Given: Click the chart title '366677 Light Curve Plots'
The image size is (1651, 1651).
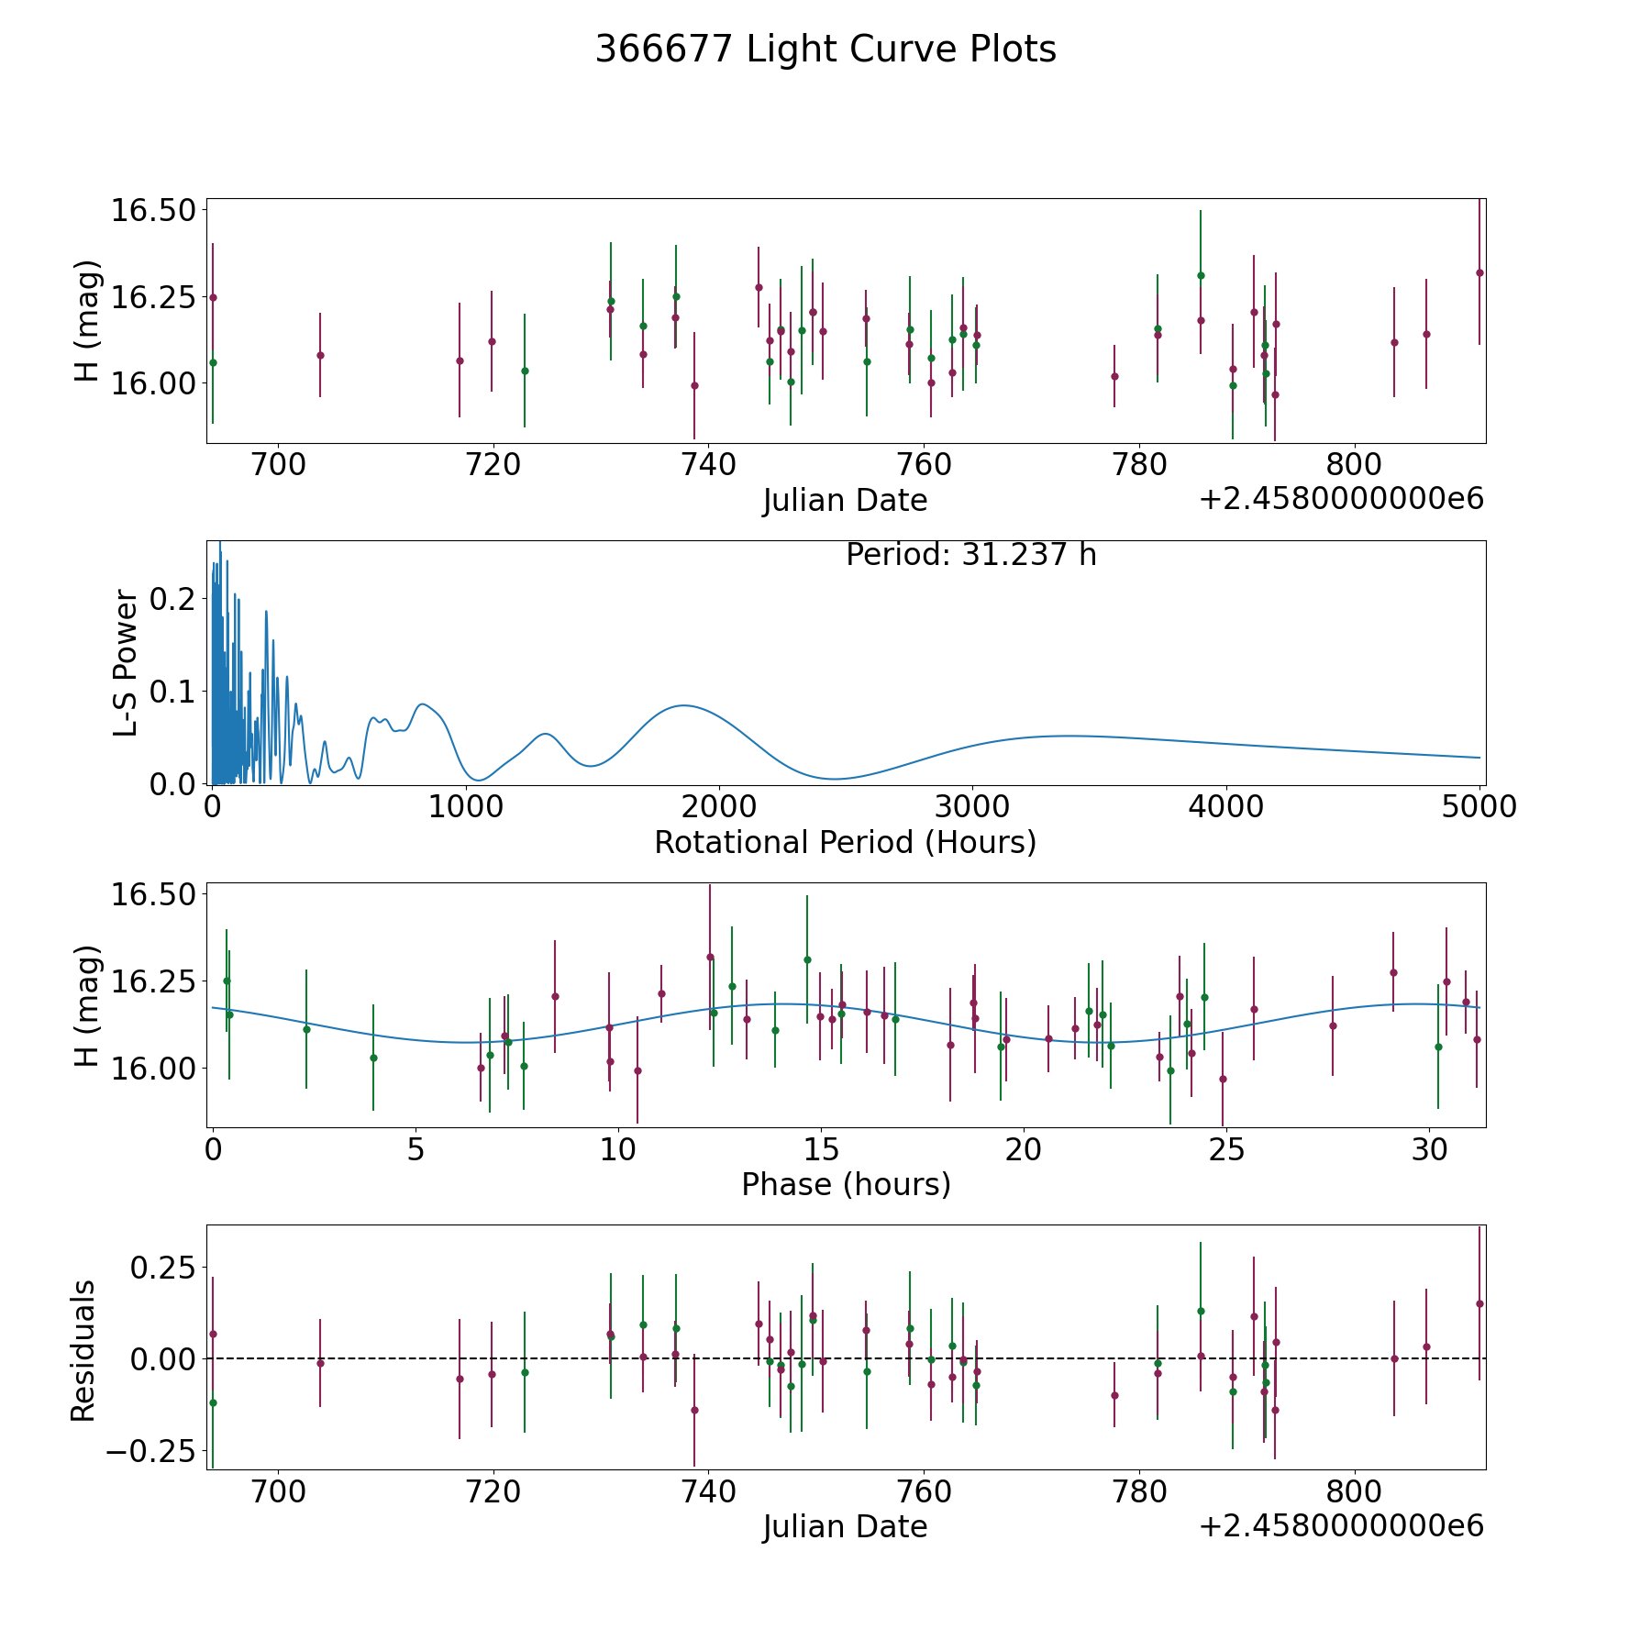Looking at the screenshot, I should pos(825,50).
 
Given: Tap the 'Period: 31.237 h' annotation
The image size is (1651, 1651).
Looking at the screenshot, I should pos(970,555).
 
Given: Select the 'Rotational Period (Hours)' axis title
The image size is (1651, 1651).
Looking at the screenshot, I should pos(845,842).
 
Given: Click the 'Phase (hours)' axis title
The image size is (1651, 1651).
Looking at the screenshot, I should pos(846,1184).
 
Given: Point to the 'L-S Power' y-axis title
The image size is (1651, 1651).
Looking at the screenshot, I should pos(127,662).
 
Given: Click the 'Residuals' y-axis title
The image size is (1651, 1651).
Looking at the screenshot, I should pos(83,1351).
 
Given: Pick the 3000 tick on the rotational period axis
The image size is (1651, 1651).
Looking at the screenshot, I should pos(971,807).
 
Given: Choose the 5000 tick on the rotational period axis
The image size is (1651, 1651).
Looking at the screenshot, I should pos(1479,807).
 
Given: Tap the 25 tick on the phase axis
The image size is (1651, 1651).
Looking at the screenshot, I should pos(1225,1149).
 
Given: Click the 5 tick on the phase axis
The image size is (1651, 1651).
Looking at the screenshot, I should pos(416,1149).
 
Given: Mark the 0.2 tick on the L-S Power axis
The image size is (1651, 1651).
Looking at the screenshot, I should pos(173,599).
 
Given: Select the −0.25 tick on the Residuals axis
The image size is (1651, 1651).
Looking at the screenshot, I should pos(150,1451).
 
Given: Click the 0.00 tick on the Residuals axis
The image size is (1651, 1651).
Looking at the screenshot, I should pos(162,1358).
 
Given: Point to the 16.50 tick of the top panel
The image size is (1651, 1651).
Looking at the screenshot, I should pos(153,211).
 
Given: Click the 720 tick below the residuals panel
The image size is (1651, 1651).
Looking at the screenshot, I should pos(493,1491).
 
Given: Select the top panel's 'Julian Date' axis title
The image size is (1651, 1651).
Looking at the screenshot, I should pos(845,501).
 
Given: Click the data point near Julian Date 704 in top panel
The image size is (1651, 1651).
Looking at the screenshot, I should pos(320,355).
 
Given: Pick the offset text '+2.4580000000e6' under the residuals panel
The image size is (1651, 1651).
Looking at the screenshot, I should pos(1341,1526).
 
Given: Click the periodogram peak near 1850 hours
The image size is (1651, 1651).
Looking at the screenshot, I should pos(683,705).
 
